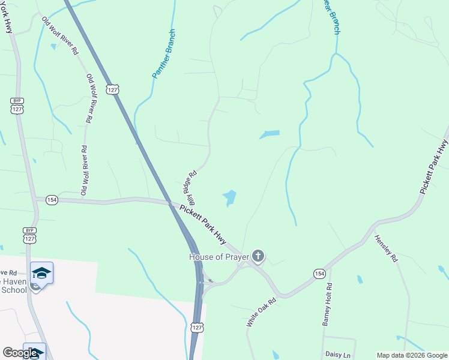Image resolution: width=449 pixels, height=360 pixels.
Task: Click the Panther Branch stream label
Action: coord(163,55)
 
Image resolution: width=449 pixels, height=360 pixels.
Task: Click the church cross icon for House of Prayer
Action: coord(258,257)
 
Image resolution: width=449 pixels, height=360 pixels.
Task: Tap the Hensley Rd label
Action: coord(386,248)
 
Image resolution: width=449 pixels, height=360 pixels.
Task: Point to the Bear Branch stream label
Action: coord(332,17)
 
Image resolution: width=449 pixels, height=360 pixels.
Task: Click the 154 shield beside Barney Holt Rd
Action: coord(319,274)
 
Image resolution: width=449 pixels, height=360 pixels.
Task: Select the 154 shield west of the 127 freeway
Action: coord(52,200)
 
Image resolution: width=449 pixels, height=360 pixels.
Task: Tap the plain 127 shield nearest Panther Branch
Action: coord(112,89)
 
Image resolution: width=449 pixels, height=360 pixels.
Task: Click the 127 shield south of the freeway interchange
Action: coord(197,327)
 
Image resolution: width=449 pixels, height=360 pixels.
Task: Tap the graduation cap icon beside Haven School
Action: coord(41,273)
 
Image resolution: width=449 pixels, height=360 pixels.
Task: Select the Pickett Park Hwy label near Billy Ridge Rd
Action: coord(202,224)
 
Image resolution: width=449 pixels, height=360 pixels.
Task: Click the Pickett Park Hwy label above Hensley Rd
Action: coord(433,166)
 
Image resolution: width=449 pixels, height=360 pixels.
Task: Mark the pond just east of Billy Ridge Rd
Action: coord(230,197)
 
